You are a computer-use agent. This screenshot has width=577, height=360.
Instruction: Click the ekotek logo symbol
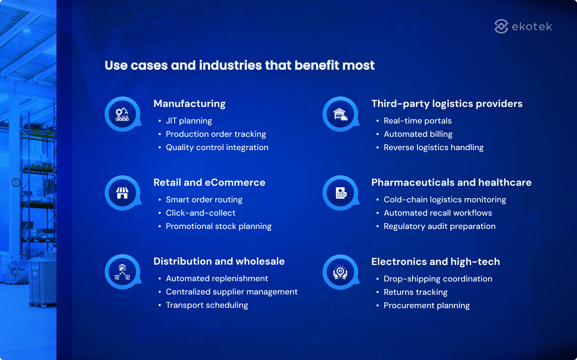tap(501, 26)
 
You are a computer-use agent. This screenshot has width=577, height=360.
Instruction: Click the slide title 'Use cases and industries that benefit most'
tap(240, 65)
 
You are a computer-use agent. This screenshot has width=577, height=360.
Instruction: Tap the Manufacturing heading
tap(189, 104)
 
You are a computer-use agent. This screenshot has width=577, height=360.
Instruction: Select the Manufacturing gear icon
tap(122, 114)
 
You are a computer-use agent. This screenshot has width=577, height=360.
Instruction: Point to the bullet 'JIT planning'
tap(189, 121)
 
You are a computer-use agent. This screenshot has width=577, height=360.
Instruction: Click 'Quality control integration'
tap(217, 148)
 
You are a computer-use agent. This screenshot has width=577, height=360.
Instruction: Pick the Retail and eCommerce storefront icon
tap(122, 193)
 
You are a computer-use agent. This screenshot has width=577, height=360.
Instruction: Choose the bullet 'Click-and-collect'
tap(200, 213)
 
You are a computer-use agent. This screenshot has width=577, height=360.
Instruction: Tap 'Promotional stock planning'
tap(218, 226)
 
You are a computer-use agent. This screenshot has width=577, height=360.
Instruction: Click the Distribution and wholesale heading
tap(219, 261)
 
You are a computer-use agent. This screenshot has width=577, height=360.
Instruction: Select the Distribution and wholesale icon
tap(122, 272)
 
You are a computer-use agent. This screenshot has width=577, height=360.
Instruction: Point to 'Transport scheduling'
tap(207, 305)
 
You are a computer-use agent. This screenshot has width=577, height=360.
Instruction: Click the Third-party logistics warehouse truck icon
tap(340, 114)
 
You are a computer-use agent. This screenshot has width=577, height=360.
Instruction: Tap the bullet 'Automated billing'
tap(418, 134)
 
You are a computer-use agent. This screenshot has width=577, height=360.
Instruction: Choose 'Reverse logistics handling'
tap(433, 148)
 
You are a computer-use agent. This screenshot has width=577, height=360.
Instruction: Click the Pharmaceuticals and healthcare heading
tap(451, 183)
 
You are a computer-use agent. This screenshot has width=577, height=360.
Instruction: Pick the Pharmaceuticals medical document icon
tap(340, 193)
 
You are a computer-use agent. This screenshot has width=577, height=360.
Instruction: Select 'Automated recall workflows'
tap(437, 213)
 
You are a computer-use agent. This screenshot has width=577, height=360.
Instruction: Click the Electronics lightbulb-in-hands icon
tap(340, 272)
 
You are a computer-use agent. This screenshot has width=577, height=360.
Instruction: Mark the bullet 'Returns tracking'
tap(415, 292)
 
